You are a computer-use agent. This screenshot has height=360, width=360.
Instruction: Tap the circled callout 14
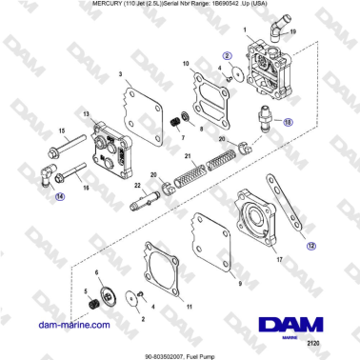click(x=61, y=197)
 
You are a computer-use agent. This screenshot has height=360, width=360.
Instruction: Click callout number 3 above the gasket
click(x=120, y=73)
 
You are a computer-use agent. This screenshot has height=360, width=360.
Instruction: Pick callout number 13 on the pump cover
click(x=88, y=113)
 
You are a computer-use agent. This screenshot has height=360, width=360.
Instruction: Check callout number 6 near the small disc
click(x=96, y=272)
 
